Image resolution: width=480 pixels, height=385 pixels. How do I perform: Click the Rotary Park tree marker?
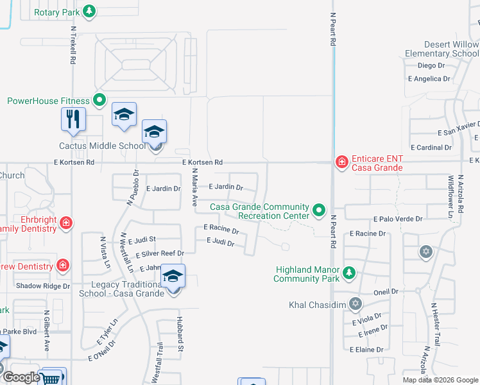pyautogui.click(x=90, y=11)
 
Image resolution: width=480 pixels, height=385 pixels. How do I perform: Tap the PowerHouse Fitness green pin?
pyautogui.click(x=99, y=100)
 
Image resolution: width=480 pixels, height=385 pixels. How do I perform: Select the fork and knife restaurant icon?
pyautogui.click(x=73, y=119)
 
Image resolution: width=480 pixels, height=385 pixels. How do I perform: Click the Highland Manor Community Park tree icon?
pyautogui.click(x=348, y=273)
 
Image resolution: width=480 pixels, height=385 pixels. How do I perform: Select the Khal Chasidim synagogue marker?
pyautogui.click(x=356, y=303)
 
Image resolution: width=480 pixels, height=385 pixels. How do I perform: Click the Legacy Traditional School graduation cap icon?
pyautogui.click(x=173, y=277)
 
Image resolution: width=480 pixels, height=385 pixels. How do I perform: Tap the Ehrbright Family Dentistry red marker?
pyautogui.click(x=67, y=223)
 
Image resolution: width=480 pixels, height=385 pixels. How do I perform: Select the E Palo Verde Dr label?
pyautogui.click(x=397, y=219)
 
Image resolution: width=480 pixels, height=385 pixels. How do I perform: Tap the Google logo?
pyautogui.click(x=21, y=377)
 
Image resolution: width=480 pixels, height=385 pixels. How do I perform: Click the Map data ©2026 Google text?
pyautogui.click(x=440, y=380)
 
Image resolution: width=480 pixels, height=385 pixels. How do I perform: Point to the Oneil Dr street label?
pyautogui.click(x=386, y=291)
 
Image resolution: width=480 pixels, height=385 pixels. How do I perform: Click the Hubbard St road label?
pyautogui.click(x=181, y=339)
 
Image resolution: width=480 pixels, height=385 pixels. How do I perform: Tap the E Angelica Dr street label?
pyautogui.click(x=429, y=78)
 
